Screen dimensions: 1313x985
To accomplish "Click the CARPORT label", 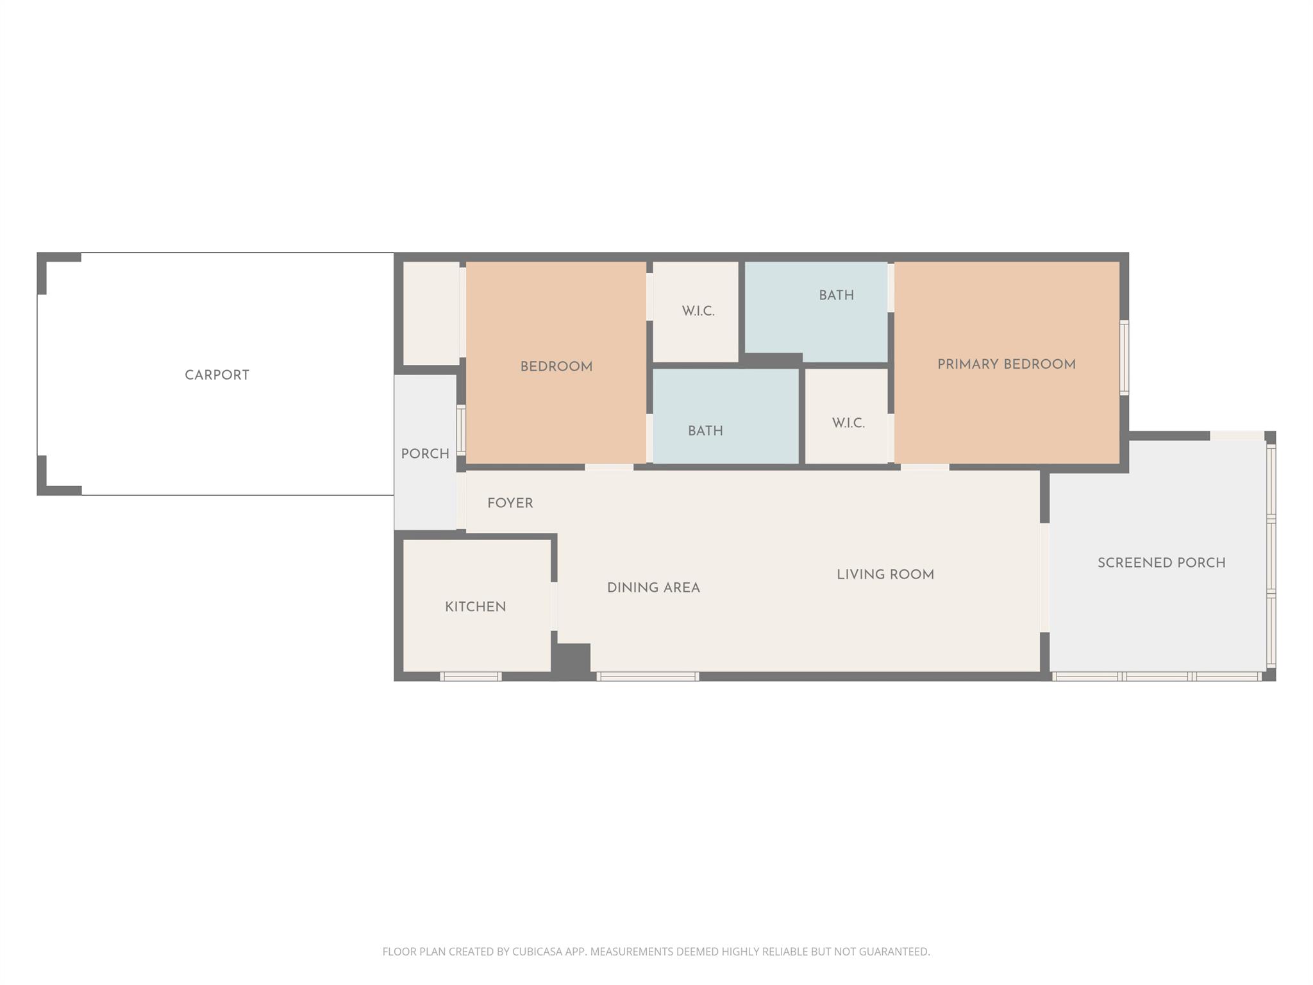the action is pos(217,375).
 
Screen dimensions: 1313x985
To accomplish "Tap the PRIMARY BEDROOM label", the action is pos(1007,364).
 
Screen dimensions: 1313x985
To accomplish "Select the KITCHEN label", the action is pos(476,607).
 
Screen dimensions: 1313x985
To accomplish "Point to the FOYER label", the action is pos(510,503).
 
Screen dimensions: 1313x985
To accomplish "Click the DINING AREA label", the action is pos(653,587).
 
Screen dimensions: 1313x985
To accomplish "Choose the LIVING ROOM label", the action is pos(885,575).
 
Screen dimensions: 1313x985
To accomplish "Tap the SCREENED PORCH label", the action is pos(1162,563).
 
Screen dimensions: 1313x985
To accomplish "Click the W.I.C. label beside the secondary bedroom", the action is pos(698,311).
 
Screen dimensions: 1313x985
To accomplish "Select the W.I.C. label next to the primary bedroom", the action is pos(848,423).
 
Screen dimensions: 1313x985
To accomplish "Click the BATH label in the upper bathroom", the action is pos(837,296).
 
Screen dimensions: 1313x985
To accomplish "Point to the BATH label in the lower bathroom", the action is pos(705,431).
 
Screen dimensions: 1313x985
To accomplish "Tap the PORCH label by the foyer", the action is pos(425,454).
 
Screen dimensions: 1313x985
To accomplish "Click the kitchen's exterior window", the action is pos(471,676).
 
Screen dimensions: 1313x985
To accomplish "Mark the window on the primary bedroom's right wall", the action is pos(1124,357).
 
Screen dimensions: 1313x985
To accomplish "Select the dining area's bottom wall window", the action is pos(648,676).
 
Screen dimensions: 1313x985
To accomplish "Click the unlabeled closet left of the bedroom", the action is pos(431,313).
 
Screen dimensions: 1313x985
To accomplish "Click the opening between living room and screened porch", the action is pos(1044,578).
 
